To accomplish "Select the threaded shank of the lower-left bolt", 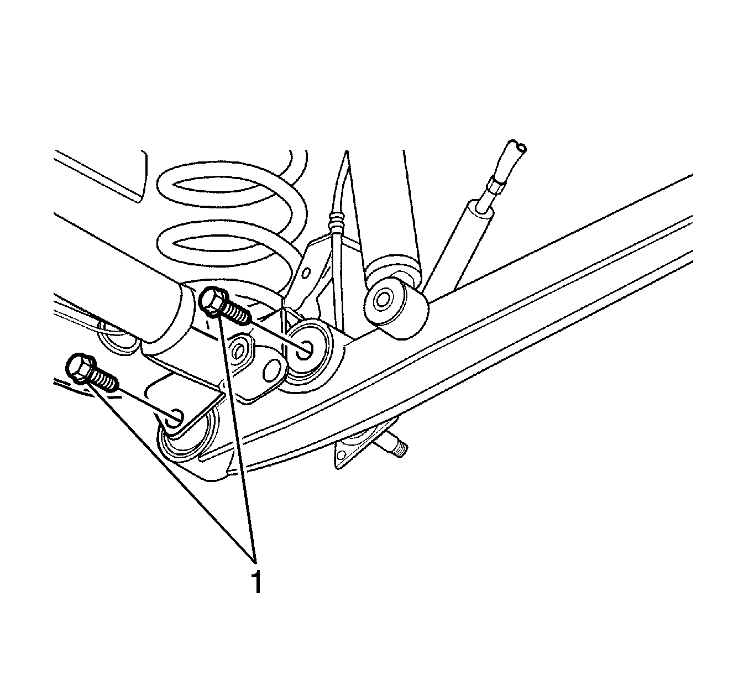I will coord(103,379).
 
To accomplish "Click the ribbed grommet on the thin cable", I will coord(337,221).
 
